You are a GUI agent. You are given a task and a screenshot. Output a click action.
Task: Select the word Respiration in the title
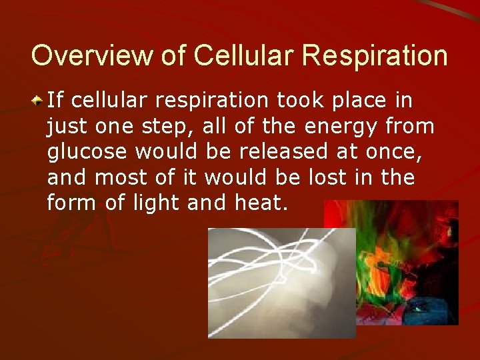[375, 56]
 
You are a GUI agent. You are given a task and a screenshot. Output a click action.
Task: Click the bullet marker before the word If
[39, 101]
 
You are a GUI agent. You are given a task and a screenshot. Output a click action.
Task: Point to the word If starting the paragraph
[55, 100]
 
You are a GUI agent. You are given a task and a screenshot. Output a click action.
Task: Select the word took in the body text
[298, 100]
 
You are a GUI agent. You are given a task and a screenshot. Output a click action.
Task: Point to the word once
[396, 152]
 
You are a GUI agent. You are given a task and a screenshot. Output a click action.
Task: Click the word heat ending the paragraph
[265, 203]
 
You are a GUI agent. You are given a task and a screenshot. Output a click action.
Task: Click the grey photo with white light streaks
[281, 283]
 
